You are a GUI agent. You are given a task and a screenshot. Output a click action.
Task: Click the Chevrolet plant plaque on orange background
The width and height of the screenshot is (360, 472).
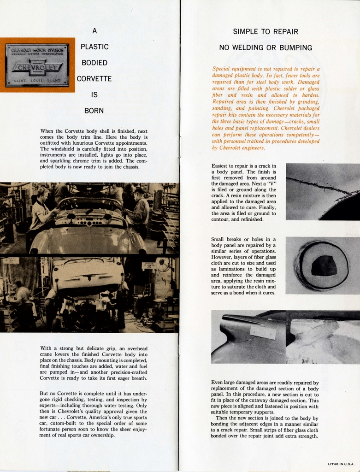(x=37, y=65)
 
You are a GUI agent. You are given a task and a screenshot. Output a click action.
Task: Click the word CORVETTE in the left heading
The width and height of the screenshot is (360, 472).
(x=94, y=79)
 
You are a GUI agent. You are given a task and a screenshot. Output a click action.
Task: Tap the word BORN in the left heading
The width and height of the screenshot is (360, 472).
(x=94, y=111)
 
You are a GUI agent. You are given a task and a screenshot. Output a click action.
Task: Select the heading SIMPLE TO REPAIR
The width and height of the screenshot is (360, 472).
(x=266, y=32)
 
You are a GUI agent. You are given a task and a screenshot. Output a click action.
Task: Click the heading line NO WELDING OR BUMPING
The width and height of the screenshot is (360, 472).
(x=266, y=47)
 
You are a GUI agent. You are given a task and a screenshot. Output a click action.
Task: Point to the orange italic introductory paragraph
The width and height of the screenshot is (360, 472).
(x=266, y=108)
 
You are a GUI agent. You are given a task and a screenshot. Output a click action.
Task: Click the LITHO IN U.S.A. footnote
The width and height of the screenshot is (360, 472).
(x=341, y=464)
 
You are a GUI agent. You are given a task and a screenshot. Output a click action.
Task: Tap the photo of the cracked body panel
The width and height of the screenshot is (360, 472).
(x=322, y=191)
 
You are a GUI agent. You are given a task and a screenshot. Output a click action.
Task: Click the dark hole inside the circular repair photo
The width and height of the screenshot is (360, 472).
(x=324, y=266)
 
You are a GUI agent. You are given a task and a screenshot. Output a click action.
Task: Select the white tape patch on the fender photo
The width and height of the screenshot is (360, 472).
(x=262, y=332)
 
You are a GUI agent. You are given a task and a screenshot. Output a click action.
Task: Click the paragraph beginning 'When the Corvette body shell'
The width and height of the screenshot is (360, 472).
(x=94, y=149)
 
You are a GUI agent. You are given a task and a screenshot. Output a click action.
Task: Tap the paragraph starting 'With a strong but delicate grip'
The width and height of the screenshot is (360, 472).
(x=94, y=363)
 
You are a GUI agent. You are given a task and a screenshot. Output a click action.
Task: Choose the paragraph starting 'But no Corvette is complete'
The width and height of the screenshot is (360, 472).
(x=94, y=414)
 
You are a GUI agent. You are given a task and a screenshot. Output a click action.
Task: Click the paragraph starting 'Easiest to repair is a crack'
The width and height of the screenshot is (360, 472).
(x=244, y=193)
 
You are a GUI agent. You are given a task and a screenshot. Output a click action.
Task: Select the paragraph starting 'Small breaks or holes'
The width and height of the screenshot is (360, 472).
(x=243, y=266)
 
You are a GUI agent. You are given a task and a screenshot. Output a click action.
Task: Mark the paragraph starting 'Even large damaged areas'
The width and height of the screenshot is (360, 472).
(x=265, y=409)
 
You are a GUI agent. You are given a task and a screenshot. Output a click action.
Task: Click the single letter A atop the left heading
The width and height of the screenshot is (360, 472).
(x=94, y=31)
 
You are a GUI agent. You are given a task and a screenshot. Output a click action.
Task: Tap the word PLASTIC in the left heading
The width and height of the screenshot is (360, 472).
(x=94, y=47)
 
